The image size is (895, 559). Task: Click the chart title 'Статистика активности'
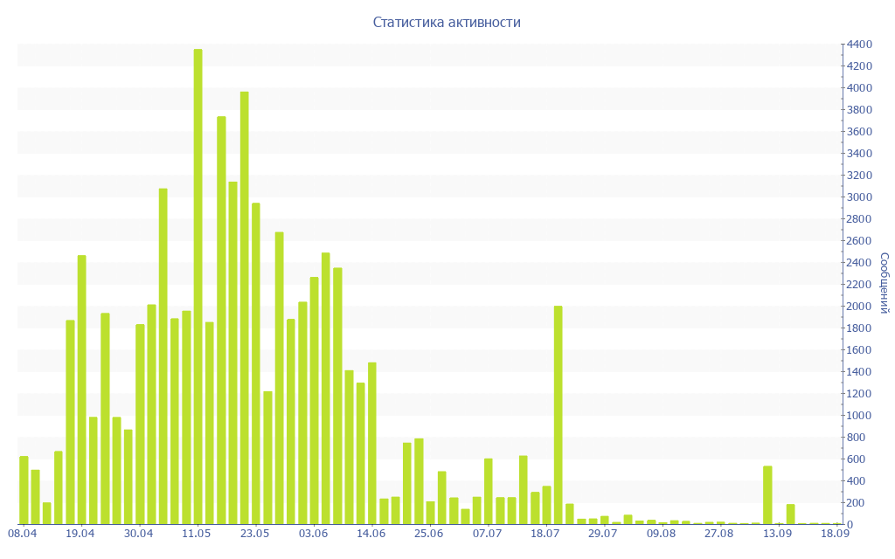447,22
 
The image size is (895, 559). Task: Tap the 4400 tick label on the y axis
858,45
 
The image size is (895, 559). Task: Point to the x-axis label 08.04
23,534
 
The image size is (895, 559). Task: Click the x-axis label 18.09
836,534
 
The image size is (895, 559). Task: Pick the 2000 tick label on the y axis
858,307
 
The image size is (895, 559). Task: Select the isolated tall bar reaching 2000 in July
559,415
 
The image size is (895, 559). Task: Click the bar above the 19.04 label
81,390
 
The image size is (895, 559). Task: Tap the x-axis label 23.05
255,534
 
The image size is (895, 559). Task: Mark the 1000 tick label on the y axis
858,416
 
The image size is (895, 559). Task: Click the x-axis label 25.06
429,534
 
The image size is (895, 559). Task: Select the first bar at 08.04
24,490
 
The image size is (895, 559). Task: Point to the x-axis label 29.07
603,534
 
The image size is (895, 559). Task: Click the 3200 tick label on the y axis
858,176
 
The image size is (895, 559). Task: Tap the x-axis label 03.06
313,534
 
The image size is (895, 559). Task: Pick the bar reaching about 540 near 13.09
767,495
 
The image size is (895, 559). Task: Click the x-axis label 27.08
719,534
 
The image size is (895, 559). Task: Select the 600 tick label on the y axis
858,459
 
